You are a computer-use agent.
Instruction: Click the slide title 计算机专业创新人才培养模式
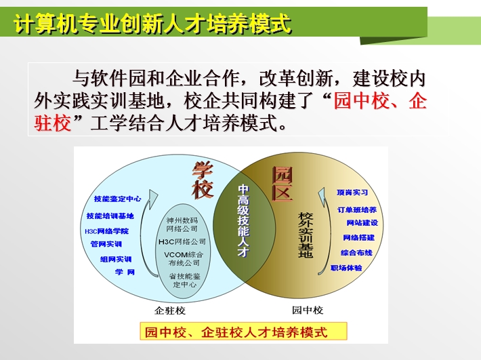(152, 23)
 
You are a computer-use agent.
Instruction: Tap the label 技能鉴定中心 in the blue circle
(117, 199)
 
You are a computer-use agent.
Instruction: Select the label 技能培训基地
(110, 216)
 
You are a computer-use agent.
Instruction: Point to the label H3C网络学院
(107, 231)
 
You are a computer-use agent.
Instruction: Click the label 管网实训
(106, 244)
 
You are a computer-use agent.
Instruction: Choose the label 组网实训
(116, 260)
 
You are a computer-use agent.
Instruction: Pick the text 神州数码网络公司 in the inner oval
(182, 224)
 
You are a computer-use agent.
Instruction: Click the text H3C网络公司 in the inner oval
(182, 242)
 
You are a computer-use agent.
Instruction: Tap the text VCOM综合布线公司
(184, 259)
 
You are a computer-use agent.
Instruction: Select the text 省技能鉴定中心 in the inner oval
(185, 280)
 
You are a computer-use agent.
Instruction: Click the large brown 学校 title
(203, 180)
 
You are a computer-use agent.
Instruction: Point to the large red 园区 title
(283, 184)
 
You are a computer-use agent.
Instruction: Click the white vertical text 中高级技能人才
(244, 220)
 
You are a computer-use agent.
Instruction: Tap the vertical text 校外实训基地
(306, 235)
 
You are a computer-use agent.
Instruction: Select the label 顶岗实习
(352, 193)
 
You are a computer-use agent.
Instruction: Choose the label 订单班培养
(357, 209)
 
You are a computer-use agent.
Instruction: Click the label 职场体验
(346, 268)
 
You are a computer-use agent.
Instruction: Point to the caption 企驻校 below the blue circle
(170, 311)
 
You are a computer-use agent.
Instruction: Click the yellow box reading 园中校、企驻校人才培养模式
(244, 331)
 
